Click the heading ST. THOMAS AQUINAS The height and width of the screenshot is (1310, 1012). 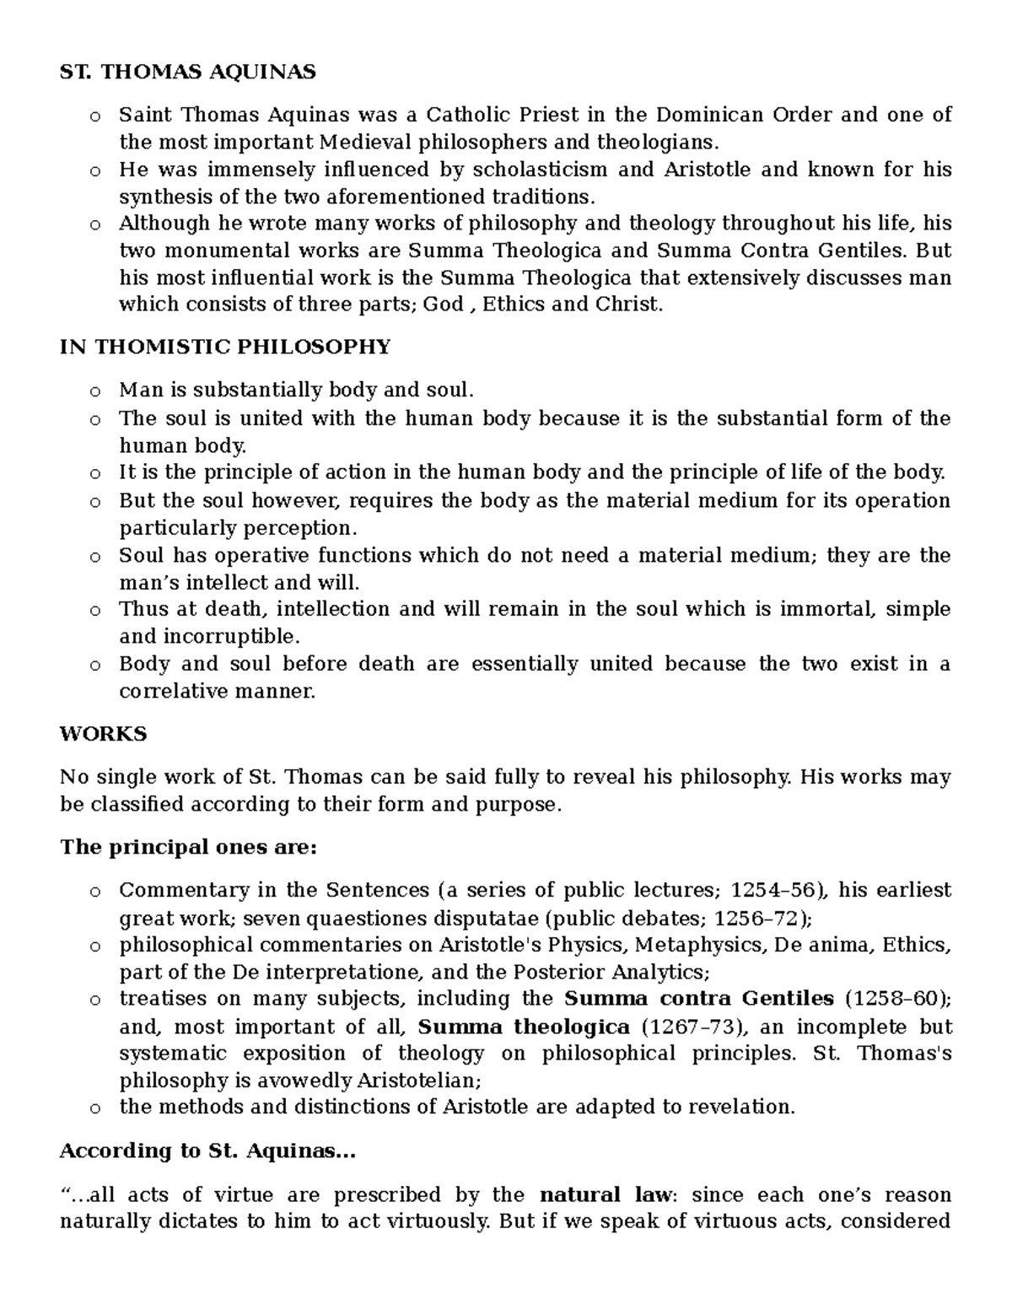(x=187, y=73)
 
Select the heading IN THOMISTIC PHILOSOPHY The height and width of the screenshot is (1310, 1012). (x=225, y=347)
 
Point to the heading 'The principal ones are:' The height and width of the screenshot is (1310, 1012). (x=188, y=847)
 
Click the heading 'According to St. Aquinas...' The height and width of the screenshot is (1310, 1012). (x=207, y=1151)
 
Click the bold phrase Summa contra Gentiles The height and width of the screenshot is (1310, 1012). (x=698, y=999)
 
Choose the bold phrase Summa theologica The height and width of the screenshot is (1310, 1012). (x=524, y=1027)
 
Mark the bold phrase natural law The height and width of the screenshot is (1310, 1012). (x=605, y=1194)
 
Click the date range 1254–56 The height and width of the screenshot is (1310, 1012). (x=770, y=891)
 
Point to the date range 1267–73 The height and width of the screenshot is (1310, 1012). (x=689, y=1027)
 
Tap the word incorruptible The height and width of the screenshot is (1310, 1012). (x=227, y=636)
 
